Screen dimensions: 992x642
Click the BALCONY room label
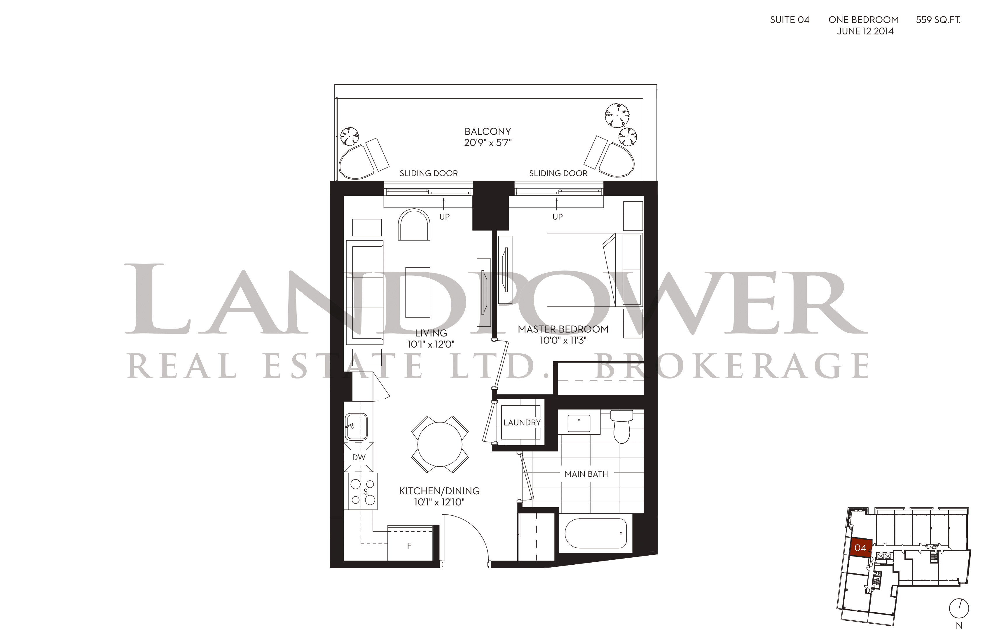coord(488,131)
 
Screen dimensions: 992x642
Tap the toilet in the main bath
coord(621,426)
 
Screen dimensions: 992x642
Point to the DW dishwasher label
coord(359,457)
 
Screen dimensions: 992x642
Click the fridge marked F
coord(410,543)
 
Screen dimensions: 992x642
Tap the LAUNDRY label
coord(522,422)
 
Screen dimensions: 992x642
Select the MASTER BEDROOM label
coord(563,329)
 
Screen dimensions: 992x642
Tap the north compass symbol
coord(959,609)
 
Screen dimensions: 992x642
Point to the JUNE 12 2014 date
coord(865,31)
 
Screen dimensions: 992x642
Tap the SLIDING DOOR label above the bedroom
coord(558,173)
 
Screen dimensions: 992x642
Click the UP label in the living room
coord(445,217)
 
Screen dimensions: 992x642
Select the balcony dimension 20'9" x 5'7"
coord(488,143)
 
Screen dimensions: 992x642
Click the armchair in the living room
coord(414,225)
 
